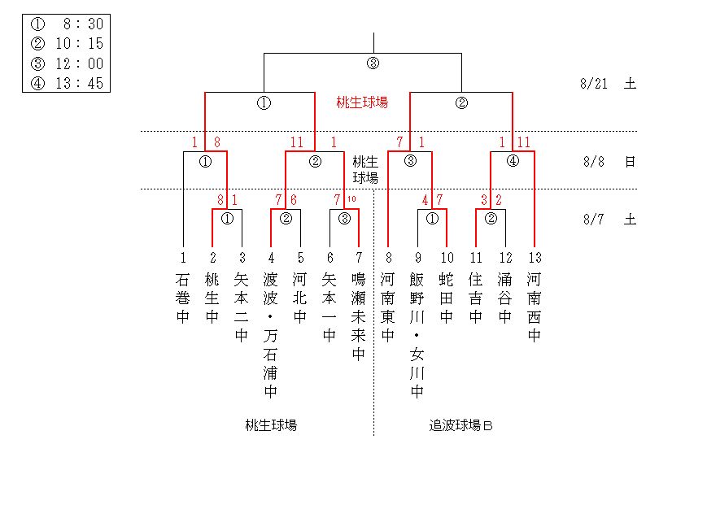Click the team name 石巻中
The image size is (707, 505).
coord(183,298)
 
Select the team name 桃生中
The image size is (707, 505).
coord(212,298)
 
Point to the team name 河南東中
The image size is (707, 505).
coord(388,307)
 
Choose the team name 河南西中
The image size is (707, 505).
coord(535,307)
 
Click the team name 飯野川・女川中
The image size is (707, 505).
coord(417,336)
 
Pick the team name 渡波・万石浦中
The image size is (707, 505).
coord(271,336)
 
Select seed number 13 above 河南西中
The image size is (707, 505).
coord(535,258)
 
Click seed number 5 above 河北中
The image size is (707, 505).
coord(300,258)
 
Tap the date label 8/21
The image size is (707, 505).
coord(595,83)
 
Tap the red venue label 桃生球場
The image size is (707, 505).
coord(362,102)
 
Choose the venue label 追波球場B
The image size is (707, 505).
coord(461,425)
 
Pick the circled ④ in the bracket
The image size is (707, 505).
coord(513,161)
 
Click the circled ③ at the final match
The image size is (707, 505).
coord(373,63)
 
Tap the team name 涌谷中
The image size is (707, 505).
coord(505,298)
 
